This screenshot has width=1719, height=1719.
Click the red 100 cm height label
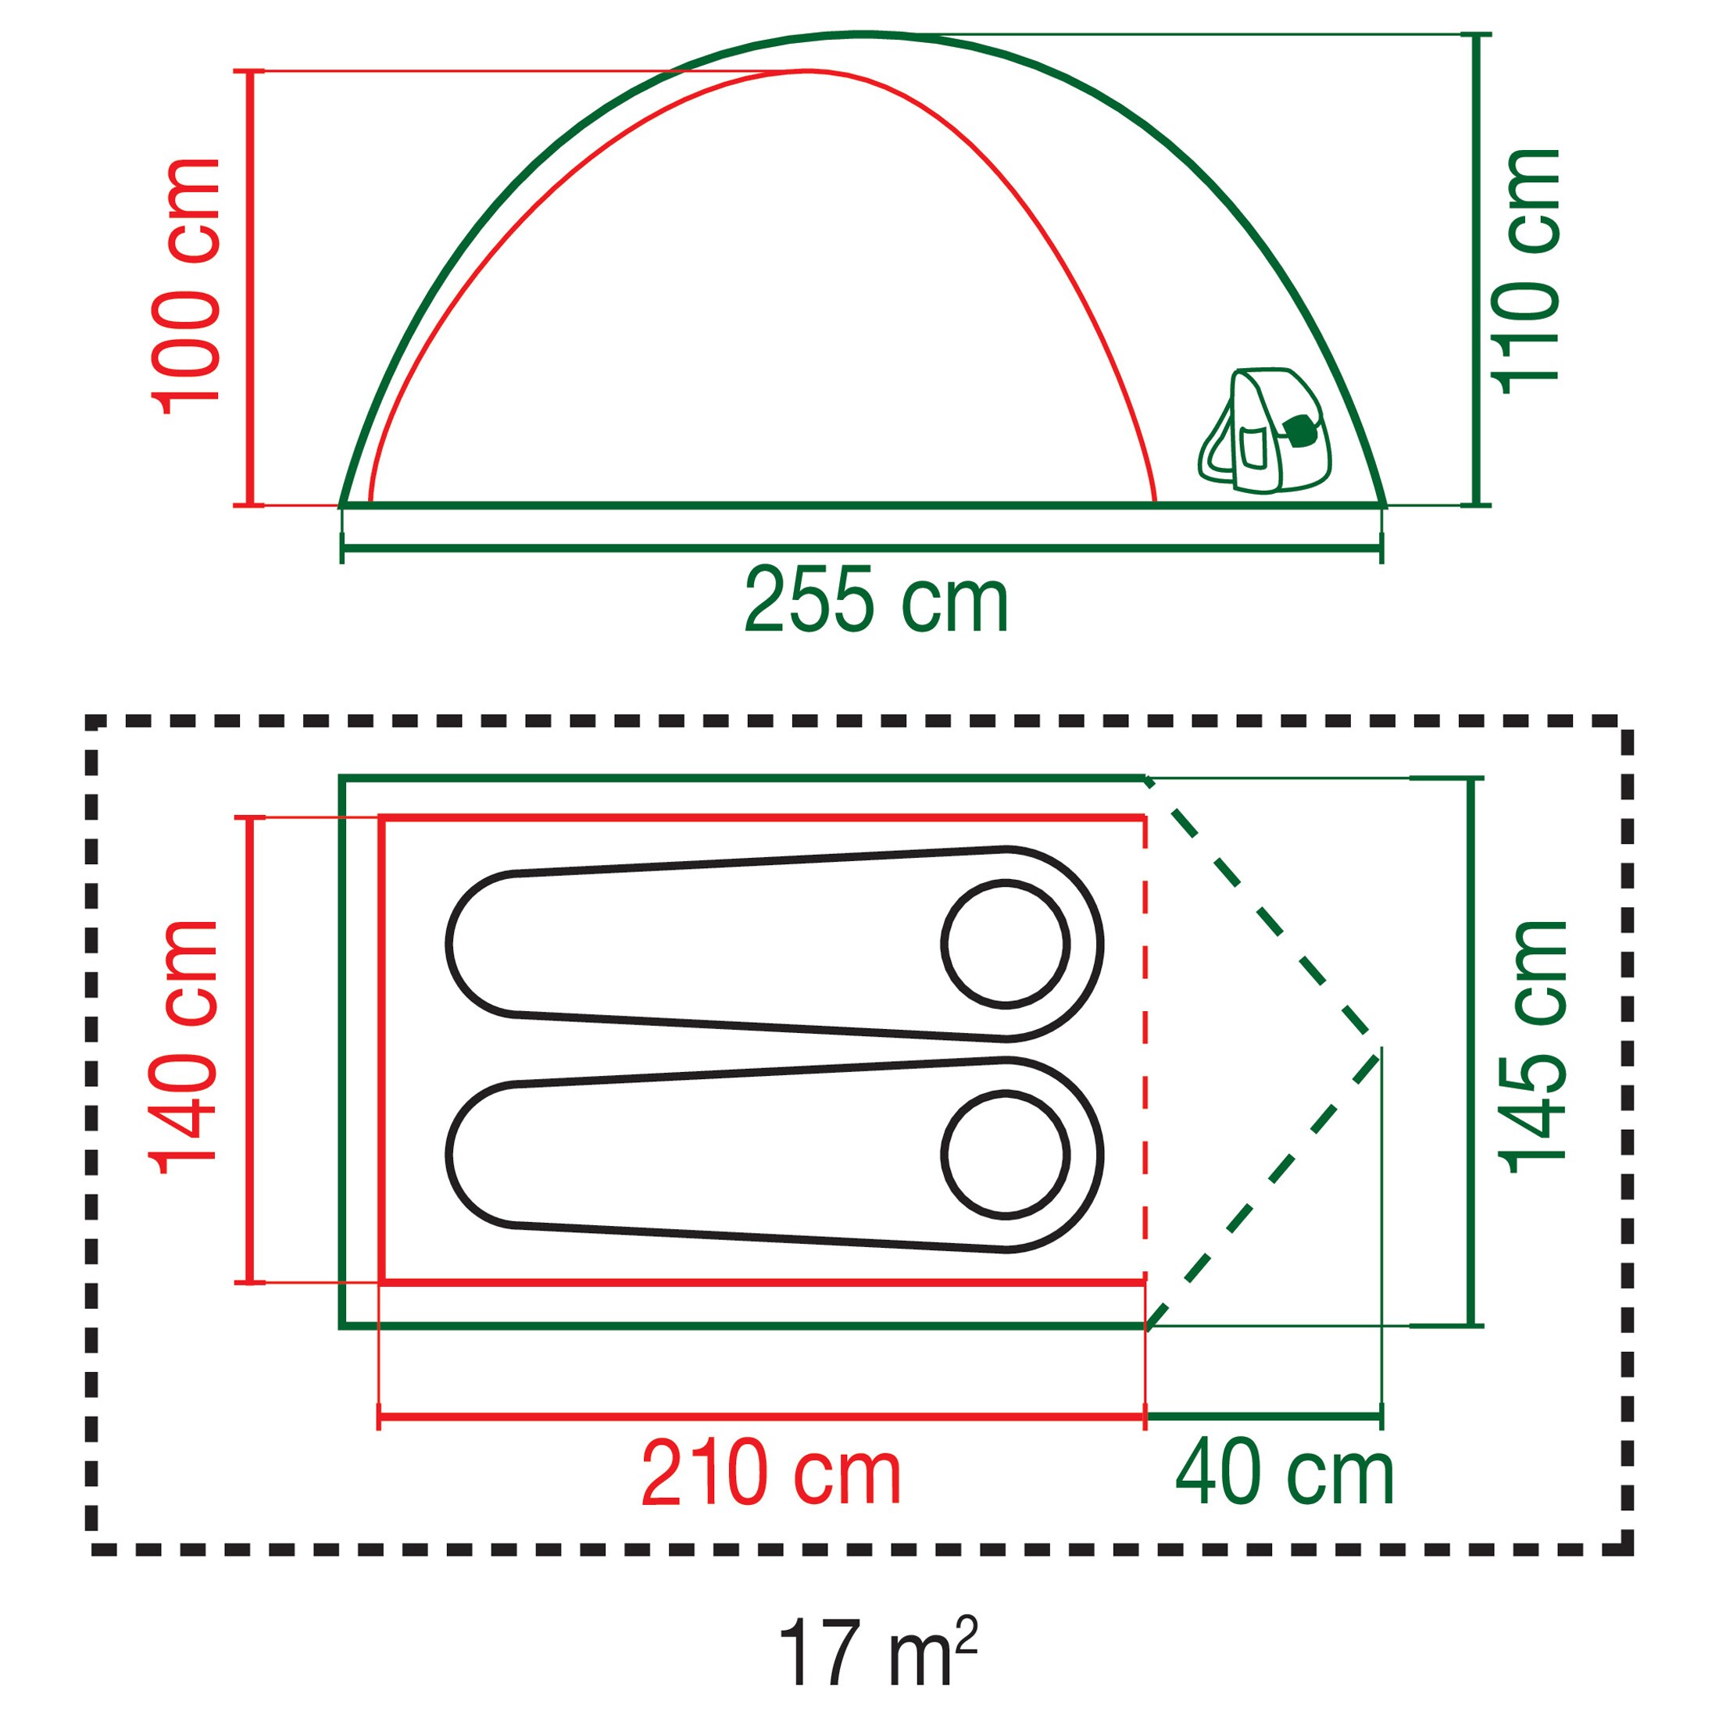187,287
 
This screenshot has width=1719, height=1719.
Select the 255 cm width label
877,602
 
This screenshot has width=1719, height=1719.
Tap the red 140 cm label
185,1047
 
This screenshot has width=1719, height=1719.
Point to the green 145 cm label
1532,1047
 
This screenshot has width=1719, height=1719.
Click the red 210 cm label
770,1474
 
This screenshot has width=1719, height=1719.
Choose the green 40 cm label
1284,1474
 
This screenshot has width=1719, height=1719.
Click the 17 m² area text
877,1651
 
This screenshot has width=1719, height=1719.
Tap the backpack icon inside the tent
1265,431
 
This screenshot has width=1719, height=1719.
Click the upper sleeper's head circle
1005,944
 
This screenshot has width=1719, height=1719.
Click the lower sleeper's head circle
1005,1154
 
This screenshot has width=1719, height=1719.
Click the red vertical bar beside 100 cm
250,288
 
